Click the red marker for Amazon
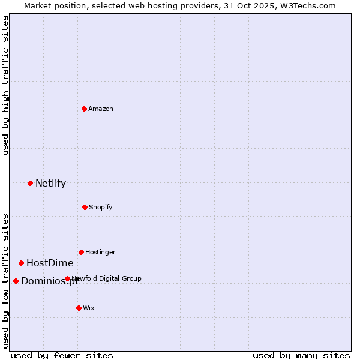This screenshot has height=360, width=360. tap(84, 109)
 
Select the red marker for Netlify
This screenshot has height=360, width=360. tap(30, 183)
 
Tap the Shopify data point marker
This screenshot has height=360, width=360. tap(85, 207)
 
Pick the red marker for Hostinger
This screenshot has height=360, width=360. tap(81, 252)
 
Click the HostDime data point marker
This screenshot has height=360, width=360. tap(21, 263)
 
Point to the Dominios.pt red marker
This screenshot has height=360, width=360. tap(16, 281)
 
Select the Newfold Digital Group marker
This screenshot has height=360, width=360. tap(67, 278)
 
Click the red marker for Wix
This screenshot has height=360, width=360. tap(79, 308)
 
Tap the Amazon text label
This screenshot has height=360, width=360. tap(101, 109)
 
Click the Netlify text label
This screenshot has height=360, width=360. tap(50, 184)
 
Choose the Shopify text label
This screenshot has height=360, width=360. tap(101, 207)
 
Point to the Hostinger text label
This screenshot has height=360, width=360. tap(100, 252)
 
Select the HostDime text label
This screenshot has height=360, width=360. tap(50, 263)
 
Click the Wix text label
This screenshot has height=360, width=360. tap(89, 308)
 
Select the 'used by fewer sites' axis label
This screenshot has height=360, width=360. tap(62, 355)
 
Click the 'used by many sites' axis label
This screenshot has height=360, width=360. tap(301, 355)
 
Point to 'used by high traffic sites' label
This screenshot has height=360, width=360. tap(5, 86)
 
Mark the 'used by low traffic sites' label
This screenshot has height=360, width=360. tap(5, 281)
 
